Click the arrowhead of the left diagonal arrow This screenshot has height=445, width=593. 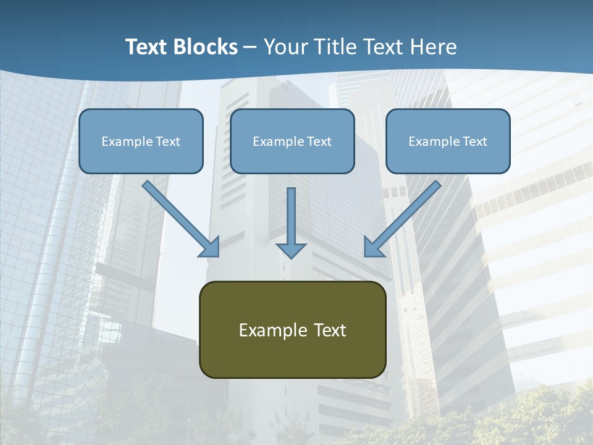[211, 248]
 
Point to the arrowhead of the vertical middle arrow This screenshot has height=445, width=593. [291, 250]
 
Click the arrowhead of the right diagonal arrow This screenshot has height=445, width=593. [372, 248]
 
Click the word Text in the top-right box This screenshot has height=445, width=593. [474, 142]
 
